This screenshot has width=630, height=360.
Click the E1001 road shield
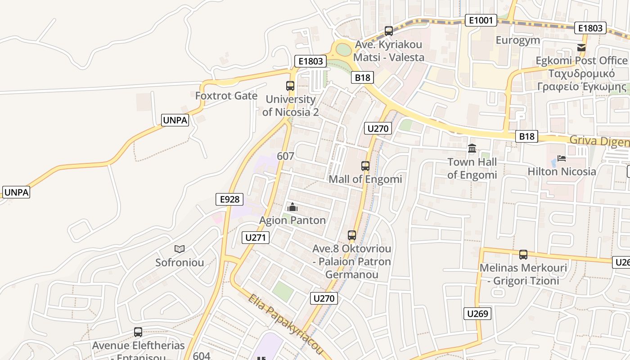tap(481, 20)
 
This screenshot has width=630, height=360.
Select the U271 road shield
tap(256, 238)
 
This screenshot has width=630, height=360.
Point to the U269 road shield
tap(477, 314)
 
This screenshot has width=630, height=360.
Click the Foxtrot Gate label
tap(226, 96)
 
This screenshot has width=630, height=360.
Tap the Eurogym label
tap(517, 40)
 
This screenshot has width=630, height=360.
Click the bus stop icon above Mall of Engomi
tap(365, 166)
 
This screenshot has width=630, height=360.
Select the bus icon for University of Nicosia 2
tap(290, 85)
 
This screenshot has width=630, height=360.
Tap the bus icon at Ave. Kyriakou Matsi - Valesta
tap(389, 31)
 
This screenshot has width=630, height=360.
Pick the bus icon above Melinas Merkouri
tap(523, 255)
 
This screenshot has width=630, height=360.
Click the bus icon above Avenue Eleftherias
tap(138, 332)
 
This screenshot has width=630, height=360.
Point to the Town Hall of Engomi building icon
tap(472, 148)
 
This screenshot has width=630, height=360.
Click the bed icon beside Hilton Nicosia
tap(561, 158)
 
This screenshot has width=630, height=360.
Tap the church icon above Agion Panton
tap(292, 207)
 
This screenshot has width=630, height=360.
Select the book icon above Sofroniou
tap(180, 249)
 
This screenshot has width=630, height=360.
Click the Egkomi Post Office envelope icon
tap(581, 47)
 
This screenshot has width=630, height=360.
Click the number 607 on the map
tap(286, 156)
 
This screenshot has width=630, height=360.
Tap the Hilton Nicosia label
tap(562, 171)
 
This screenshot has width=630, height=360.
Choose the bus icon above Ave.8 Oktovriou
tap(352, 235)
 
